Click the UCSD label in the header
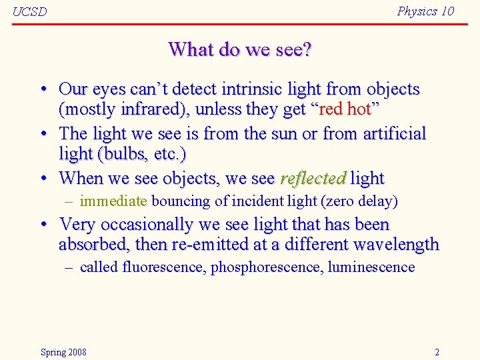point(29,12)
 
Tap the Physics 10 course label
point(425,11)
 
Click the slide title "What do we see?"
point(240,49)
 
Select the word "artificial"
point(394,133)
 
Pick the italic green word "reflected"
point(313,179)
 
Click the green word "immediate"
point(113,201)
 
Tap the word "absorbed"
point(93,245)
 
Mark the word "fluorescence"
point(164,267)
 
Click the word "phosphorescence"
point(265,267)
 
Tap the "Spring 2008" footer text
point(63,352)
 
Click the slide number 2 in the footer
point(437,352)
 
